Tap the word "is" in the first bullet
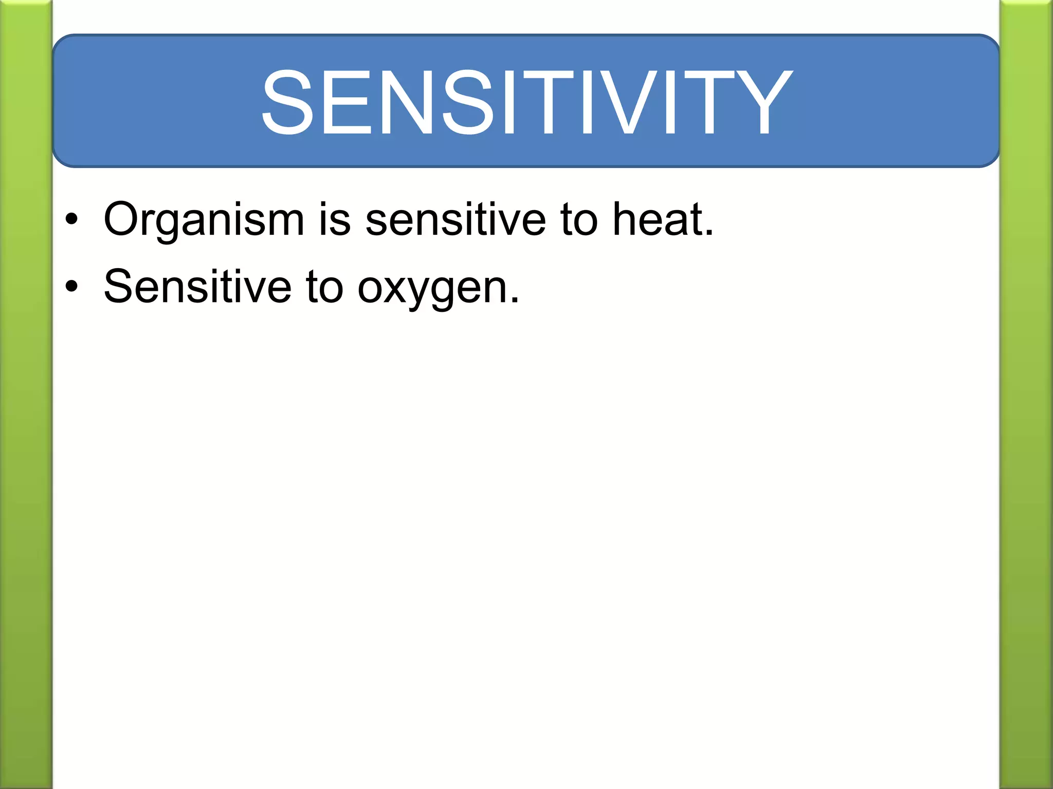click(335, 220)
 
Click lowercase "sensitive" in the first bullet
click(456, 220)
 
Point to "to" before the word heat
click(579, 220)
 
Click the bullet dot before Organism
click(71, 220)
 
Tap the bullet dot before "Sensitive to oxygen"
click(71, 287)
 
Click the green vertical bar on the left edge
click(26, 394)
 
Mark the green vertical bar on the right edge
click(1026, 394)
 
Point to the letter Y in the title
click(760, 102)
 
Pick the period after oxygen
click(515, 300)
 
